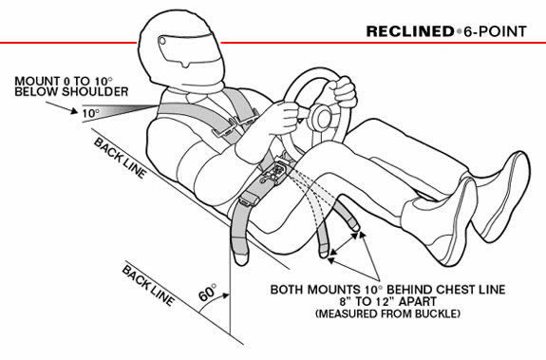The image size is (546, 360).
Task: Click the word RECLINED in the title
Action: pyautogui.click(x=410, y=32)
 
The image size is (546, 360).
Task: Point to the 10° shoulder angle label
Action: pyautogui.click(x=88, y=112)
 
